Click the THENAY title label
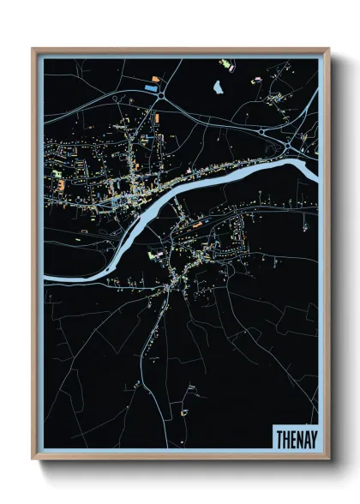294,437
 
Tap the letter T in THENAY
279,437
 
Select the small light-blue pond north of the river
219,87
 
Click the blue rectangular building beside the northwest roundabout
151,87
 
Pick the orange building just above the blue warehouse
155,80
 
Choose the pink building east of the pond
254,81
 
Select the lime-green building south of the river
156,255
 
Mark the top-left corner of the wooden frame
33,49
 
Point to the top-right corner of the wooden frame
329,49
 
